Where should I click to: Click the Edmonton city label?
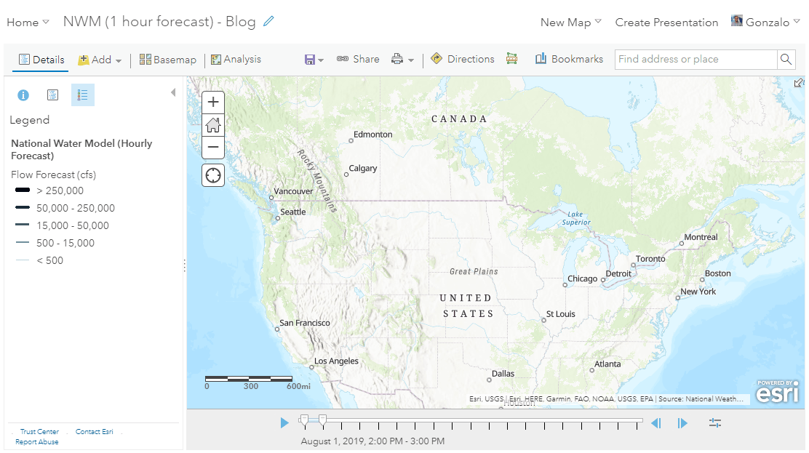(372, 135)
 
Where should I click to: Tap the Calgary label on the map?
(362, 169)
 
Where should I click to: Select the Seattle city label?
(293, 212)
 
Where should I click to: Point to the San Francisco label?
(305, 323)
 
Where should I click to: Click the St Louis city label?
(560, 314)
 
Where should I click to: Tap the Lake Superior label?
(575, 218)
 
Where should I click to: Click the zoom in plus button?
(213, 103)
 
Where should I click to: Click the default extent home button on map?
(213, 124)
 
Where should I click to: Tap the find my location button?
(213, 175)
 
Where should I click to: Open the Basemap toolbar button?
(168, 60)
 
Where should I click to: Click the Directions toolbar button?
(463, 60)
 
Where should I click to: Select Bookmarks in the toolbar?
(569, 60)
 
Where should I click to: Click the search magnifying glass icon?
(786, 60)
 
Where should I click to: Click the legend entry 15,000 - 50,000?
(73, 225)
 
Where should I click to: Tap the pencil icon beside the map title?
(269, 22)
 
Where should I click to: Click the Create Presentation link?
(666, 23)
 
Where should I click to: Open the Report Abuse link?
(37, 442)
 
